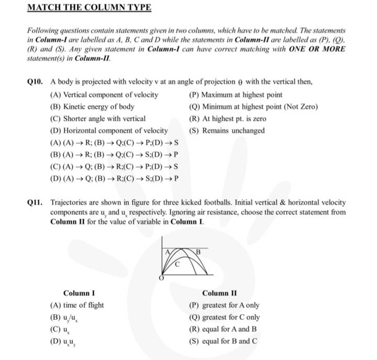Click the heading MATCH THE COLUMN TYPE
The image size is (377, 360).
click(x=89, y=8)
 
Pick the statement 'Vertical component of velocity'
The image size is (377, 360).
click(x=110, y=95)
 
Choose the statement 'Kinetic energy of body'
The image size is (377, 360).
click(x=99, y=107)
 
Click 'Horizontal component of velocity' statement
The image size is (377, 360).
click(x=115, y=130)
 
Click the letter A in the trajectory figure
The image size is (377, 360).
click(x=167, y=253)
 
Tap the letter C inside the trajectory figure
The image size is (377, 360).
click(x=177, y=264)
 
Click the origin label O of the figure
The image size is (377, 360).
click(x=161, y=279)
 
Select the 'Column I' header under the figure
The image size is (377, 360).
click(x=79, y=293)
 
